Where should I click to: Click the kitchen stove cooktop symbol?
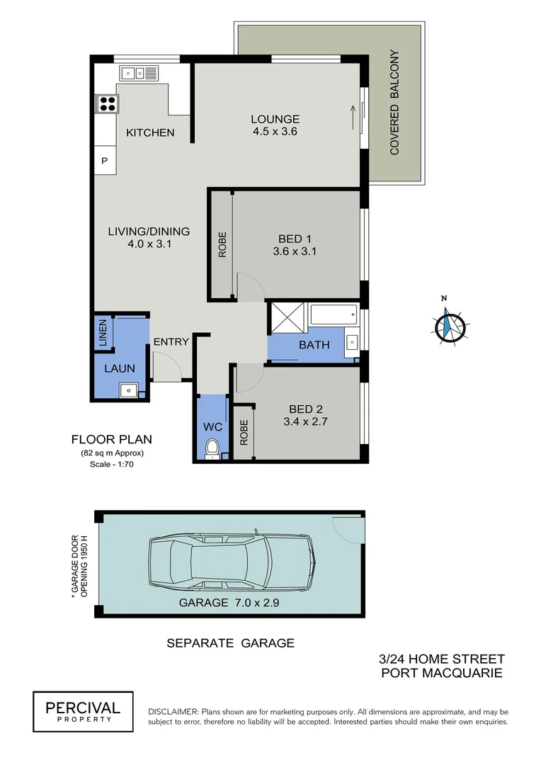click(108, 104)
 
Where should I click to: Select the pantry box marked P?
click(104, 161)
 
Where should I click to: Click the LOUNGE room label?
click(275, 119)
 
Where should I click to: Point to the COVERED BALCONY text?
click(395, 103)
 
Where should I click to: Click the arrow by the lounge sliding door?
click(352, 113)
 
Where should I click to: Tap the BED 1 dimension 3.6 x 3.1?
click(295, 251)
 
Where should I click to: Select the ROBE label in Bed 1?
click(222, 244)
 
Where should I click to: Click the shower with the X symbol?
click(287, 317)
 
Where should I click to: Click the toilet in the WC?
click(211, 448)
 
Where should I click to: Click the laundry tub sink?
click(130, 389)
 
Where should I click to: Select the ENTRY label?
click(171, 342)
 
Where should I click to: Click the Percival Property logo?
click(83, 710)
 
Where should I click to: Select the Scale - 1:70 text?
click(111, 465)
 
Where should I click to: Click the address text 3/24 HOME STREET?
click(443, 659)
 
